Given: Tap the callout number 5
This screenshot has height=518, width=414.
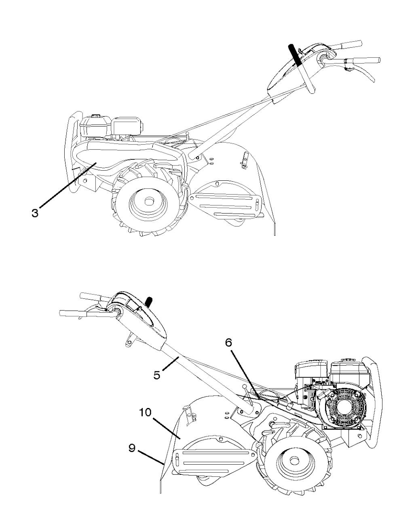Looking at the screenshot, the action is [x=157, y=375].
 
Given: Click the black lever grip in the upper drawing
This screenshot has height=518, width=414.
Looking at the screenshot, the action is [x=295, y=55].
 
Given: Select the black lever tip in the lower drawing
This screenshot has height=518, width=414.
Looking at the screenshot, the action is [x=150, y=302].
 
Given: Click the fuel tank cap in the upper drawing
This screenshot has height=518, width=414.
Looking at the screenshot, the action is [x=96, y=116].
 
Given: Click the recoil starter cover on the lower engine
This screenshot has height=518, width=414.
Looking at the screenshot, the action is [x=343, y=408].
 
